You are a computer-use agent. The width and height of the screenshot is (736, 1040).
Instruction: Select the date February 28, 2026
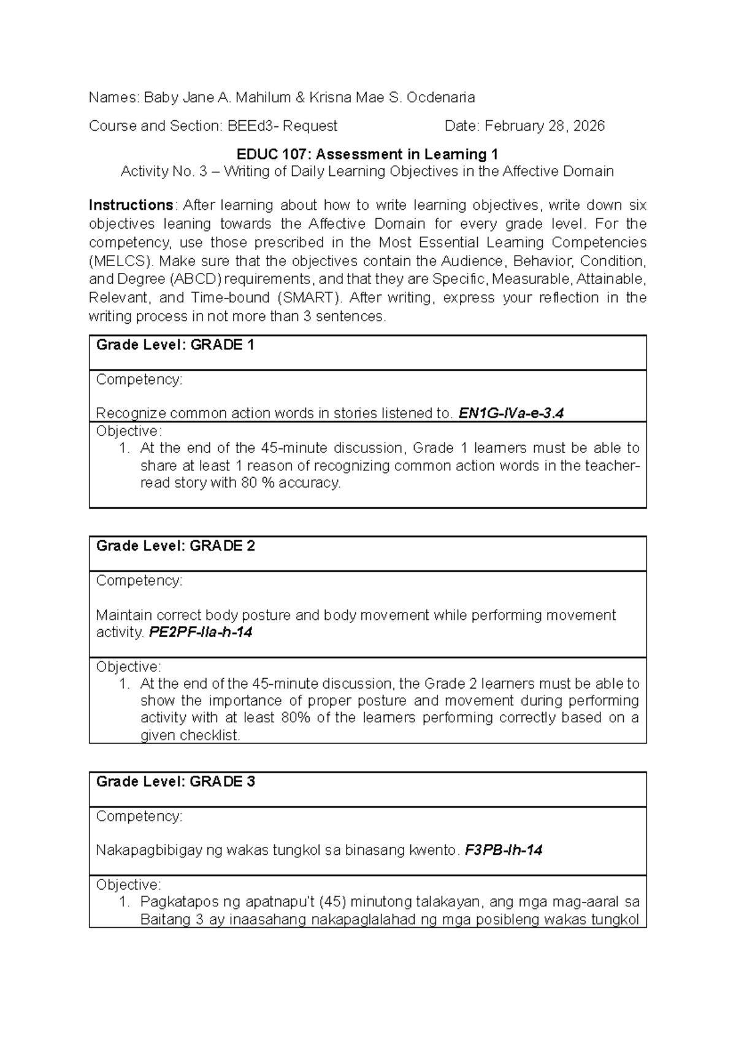[x=545, y=126]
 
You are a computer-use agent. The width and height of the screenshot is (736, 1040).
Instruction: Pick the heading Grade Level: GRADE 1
[x=175, y=345]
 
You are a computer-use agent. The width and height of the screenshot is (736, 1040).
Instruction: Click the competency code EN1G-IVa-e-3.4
[x=511, y=413]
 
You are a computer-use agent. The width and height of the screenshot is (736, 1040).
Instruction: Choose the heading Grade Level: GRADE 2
[x=175, y=546]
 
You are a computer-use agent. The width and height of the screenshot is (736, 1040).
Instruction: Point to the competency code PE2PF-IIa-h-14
[x=201, y=632]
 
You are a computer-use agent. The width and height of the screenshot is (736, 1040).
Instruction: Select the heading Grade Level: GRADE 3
[x=175, y=782]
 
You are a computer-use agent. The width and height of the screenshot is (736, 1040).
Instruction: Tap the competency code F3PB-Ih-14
[x=504, y=851]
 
